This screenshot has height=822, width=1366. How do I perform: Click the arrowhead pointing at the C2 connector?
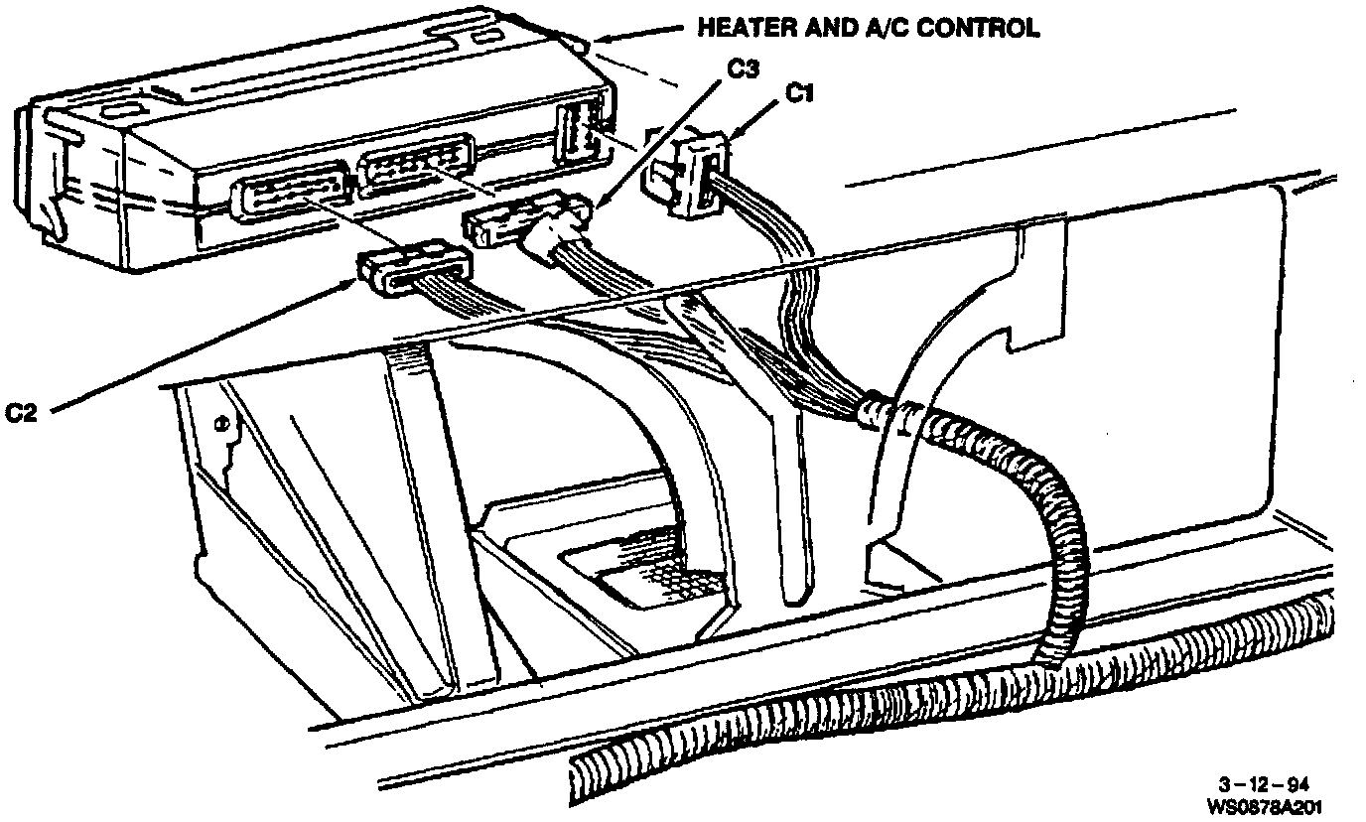pos(350,284)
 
